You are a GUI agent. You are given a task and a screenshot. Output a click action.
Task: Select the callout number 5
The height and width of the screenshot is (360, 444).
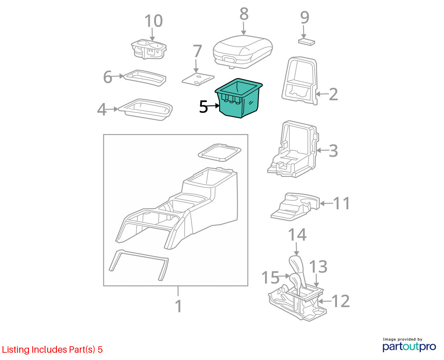tap(203, 107)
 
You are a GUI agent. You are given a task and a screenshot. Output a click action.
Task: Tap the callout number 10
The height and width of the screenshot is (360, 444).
tap(154, 21)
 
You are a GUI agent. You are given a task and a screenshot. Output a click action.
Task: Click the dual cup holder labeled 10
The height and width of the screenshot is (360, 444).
tap(149, 49)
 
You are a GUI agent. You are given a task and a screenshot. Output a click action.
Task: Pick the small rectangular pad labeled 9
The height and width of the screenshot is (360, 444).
tap(307, 42)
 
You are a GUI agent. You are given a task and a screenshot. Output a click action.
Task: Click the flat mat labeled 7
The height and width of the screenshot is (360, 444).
tap(198, 79)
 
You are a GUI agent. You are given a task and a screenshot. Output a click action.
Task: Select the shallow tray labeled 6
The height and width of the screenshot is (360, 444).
tap(145, 78)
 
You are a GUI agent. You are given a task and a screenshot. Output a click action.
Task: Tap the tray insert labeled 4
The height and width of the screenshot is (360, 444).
tap(145, 110)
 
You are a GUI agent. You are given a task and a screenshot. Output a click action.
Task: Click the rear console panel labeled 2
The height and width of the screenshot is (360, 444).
tap(299, 80)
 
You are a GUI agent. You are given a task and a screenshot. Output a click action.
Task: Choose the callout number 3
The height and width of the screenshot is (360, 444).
tap(333, 151)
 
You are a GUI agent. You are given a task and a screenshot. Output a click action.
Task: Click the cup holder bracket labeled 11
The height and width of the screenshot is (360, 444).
tap(295, 207)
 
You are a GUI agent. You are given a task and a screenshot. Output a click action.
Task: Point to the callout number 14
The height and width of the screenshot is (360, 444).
tap(297, 234)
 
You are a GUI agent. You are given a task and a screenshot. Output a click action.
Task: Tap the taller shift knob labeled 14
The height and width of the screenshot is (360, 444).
tap(298, 270)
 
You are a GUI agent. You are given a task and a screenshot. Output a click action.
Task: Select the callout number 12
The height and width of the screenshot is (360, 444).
tap(340, 301)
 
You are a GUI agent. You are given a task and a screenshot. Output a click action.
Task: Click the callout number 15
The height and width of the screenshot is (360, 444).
tap(270, 277)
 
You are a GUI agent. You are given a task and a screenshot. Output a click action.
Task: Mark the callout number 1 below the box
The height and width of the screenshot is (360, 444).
tap(178, 306)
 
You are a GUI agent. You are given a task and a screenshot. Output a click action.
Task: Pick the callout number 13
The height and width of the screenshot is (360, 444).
tap(318, 266)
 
